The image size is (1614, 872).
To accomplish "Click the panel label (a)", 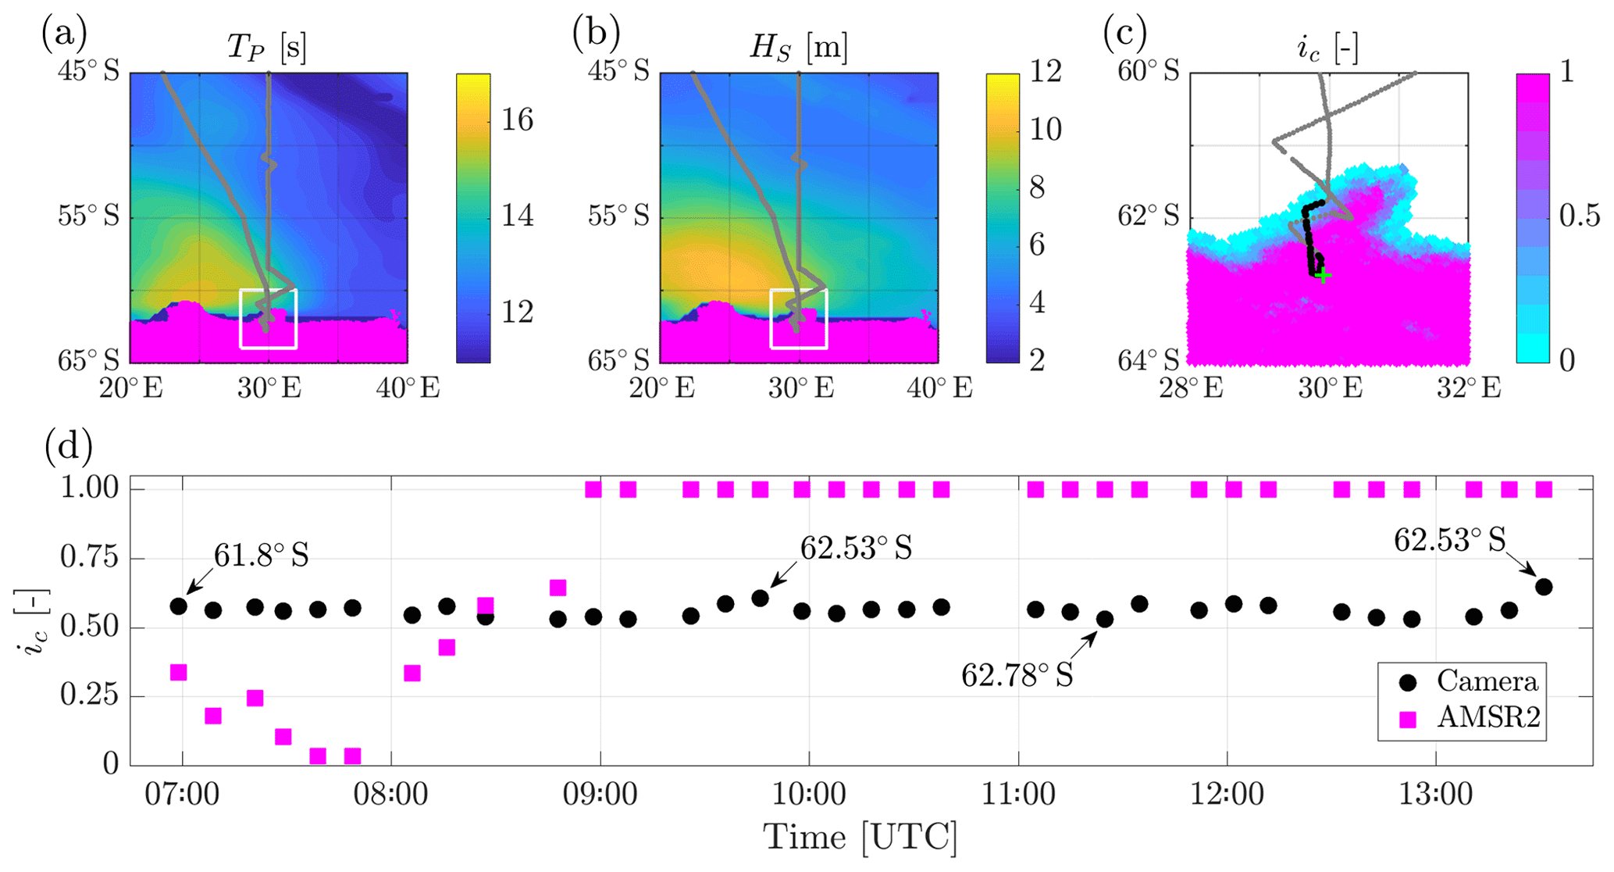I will [x=64, y=33].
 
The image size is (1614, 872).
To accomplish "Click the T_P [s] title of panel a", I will [x=266, y=48].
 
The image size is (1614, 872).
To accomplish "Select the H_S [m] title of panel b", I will [x=798, y=48].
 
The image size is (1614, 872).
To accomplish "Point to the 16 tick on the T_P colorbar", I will [x=518, y=120].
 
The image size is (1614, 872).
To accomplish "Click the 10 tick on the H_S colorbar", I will [x=1046, y=130].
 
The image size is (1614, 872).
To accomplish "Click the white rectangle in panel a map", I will [x=268, y=318].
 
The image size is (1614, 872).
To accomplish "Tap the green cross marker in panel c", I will [x=1323, y=275].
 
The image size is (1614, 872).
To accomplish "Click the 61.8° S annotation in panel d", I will [x=262, y=556].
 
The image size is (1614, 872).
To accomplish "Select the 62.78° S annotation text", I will [x=1017, y=674].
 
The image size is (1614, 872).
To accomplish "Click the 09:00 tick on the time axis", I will [x=600, y=795].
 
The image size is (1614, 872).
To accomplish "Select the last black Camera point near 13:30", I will [x=1544, y=587].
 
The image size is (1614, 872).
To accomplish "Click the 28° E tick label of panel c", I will [x=1191, y=388].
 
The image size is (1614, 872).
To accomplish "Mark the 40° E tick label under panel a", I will [x=408, y=388].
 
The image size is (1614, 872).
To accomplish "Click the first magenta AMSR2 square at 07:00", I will [x=178, y=672].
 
